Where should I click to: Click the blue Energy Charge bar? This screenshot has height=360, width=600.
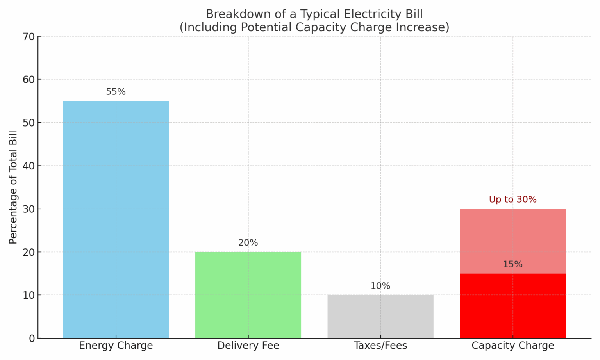[x=116, y=219]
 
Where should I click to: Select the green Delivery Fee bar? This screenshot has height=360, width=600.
[x=248, y=295]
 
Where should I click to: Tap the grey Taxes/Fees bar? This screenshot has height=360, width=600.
[x=380, y=316]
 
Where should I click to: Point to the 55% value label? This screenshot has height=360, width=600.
[x=116, y=92]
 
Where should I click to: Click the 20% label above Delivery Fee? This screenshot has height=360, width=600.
[x=248, y=243]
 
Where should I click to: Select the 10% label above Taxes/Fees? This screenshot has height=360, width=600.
[x=380, y=286]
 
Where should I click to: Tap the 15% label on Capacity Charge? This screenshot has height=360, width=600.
[x=512, y=264]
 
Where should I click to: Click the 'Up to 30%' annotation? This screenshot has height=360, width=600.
[x=512, y=200]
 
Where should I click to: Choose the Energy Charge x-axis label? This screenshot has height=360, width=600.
[x=116, y=346]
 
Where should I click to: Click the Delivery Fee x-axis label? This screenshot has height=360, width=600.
[x=248, y=346]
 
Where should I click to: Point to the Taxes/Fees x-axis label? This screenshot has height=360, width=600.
[x=380, y=346]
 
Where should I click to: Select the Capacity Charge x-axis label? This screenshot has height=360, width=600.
[x=512, y=346]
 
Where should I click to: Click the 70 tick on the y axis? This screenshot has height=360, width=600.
[x=29, y=37]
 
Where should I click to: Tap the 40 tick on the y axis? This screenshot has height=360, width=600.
[x=29, y=166]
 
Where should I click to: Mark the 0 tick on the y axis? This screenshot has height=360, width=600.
[x=32, y=338]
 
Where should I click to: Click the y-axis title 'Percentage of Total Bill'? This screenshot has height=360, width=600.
[x=13, y=187]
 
